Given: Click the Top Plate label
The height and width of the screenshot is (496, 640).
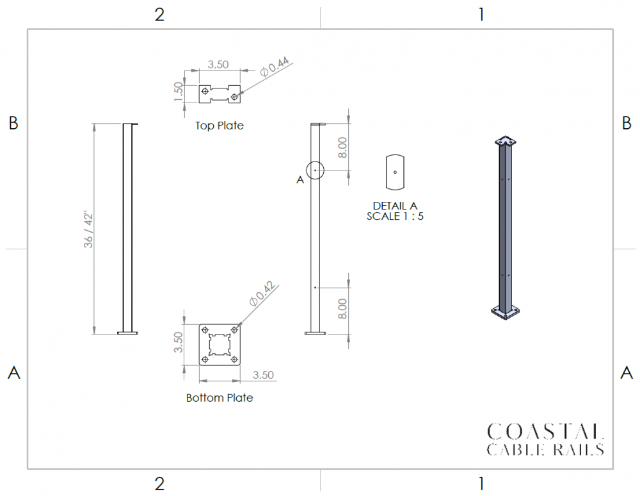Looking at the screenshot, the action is click(219, 126).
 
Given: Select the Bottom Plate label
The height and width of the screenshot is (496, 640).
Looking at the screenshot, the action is click(220, 398).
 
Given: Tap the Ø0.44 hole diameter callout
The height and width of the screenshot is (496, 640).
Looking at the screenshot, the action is click(275, 67).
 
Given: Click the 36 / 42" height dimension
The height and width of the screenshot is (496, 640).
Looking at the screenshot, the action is click(88, 229).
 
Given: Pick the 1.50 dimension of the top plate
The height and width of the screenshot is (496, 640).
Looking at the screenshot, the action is click(179, 92).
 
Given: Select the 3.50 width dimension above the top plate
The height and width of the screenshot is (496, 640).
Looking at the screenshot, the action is click(218, 65).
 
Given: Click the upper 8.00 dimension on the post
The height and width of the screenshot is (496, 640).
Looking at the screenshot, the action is click(342, 147).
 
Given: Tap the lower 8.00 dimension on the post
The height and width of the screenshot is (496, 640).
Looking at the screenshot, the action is click(342, 309).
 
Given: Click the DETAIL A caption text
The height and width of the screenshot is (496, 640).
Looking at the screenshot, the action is click(395, 206).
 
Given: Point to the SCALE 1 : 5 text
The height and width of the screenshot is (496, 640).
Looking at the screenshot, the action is click(395, 216).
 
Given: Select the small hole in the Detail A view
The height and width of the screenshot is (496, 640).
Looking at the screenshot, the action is click(395, 172).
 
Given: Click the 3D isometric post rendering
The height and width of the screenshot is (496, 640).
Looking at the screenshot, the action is click(506, 228).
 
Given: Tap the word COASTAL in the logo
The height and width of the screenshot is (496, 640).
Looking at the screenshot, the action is click(545, 432).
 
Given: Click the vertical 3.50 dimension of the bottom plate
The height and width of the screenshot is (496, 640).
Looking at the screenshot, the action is click(179, 342).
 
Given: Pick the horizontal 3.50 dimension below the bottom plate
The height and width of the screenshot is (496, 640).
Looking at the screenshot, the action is click(263, 375).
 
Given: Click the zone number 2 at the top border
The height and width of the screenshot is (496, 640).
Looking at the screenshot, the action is click(159, 15).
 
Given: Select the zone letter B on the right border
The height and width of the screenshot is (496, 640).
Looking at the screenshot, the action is click(627, 123).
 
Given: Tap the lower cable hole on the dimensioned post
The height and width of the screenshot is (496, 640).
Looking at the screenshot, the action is click(315, 288).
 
